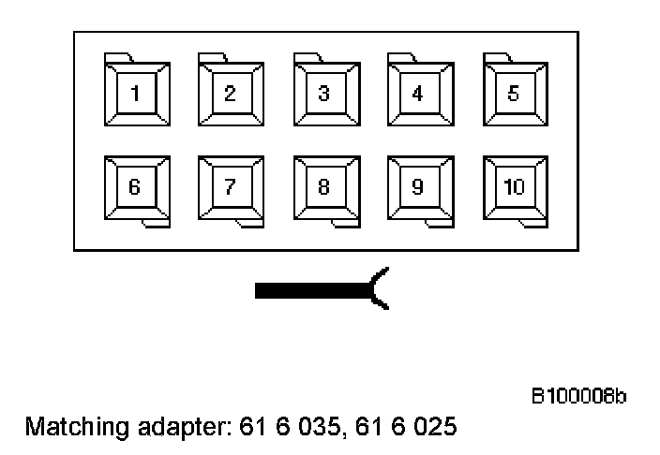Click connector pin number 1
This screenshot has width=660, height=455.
point(136,93)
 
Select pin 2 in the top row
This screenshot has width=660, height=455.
point(230,93)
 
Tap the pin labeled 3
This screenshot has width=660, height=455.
point(324,93)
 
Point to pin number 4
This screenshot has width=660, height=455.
point(418,93)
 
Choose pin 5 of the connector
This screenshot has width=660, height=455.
point(514,93)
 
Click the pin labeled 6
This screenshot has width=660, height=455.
point(136,186)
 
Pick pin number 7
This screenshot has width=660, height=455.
point(230,186)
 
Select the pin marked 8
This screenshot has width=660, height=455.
point(324,186)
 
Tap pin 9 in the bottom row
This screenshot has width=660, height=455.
point(418,186)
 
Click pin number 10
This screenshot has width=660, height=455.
point(514,186)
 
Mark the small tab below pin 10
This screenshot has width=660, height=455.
point(530,222)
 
